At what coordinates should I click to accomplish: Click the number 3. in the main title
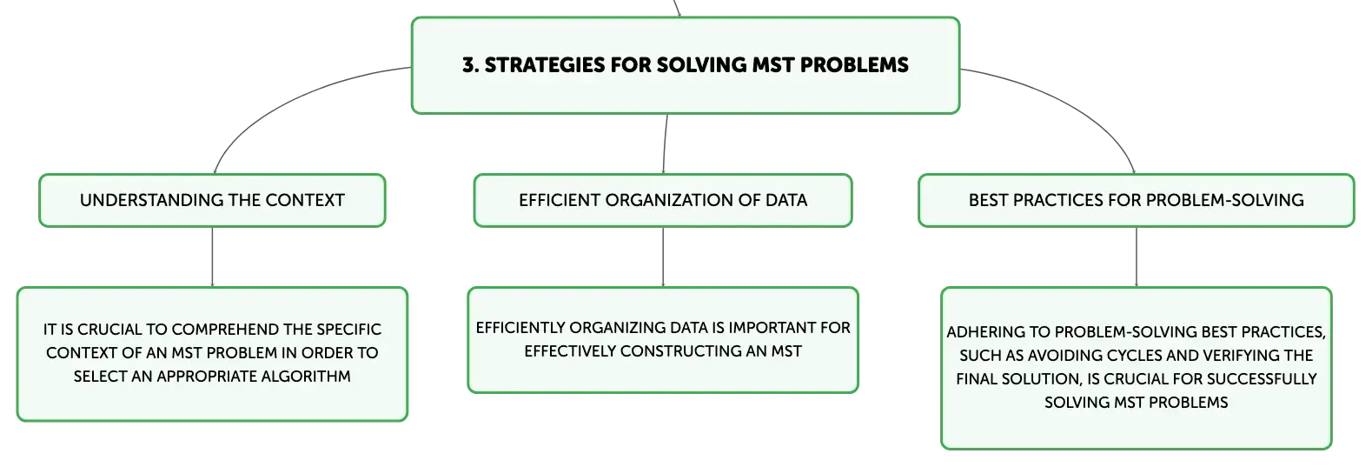click(470, 65)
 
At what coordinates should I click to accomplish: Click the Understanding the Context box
click(212, 200)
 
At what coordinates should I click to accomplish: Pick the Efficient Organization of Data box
click(663, 200)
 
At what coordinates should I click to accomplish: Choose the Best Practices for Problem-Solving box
click(1137, 200)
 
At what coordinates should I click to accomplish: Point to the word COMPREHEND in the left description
click(225, 330)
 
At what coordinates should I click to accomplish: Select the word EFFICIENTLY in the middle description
click(520, 328)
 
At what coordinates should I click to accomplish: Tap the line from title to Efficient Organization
click(665, 144)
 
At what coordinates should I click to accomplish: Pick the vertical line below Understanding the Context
click(213, 257)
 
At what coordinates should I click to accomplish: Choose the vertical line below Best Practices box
click(1137, 257)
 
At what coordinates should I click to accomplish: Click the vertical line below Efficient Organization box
click(663, 257)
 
